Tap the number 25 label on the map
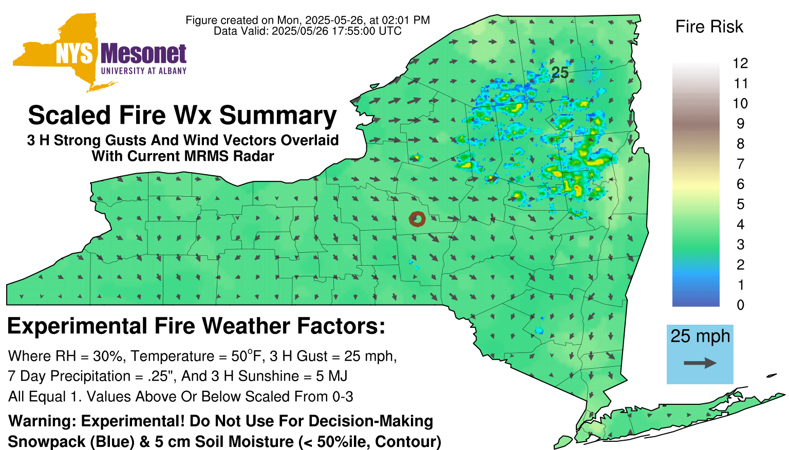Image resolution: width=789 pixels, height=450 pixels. tap(560, 73)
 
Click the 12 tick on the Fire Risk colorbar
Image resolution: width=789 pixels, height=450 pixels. tap(740, 63)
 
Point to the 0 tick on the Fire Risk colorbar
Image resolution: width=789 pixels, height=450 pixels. tap(740, 305)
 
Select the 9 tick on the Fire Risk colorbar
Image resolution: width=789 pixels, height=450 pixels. tap(740, 124)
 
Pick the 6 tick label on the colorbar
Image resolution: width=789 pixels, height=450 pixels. tap(740, 184)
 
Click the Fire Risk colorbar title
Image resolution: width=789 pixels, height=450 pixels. tap(709, 27)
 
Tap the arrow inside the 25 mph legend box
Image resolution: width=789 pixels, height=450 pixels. tap(700, 363)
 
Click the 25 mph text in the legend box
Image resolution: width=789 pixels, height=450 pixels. tap(700, 336)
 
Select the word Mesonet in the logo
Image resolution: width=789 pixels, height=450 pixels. tap(143, 54)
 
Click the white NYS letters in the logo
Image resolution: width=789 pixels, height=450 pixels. tap(74, 54)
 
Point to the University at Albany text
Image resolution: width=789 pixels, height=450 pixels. tap(144, 71)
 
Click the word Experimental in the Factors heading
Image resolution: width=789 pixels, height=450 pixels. tap(77, 326)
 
